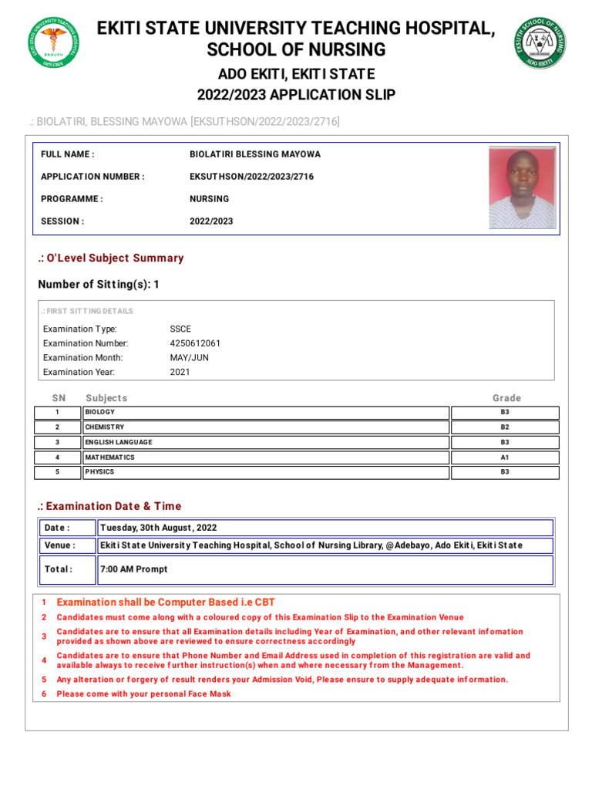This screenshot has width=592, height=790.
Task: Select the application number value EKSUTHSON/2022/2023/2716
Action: pyautogui.click(x=251, y=177)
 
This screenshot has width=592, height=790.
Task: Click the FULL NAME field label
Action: pyautogui.click(x=68, y=154)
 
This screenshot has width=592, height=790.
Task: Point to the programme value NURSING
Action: pyautogui.click(x=209, y=199)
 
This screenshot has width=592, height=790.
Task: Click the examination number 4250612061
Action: pyautogui.click(x=195, y=343)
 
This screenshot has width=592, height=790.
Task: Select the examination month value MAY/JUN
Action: pyautogui.click(x=189, y=358)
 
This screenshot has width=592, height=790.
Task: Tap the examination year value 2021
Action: pyautogui.click(x=180, y=372)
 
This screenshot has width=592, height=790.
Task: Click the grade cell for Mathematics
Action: pyautogui.click(x=505, y=457)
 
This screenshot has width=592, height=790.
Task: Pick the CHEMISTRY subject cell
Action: pyautogui.click(x=265, y=427)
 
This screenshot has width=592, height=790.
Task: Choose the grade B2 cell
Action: pyautogui.click(x=505, y=427)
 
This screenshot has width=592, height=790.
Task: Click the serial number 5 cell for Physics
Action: pyautogui.click(x=57, y=472)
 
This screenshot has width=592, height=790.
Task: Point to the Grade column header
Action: pyautogui.click(x=506, y=398)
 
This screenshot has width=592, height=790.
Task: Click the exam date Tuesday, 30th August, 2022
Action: pyautogui.click(x=158, y=528)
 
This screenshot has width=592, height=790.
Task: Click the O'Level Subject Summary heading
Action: pyautogui.click(x=111, y=258)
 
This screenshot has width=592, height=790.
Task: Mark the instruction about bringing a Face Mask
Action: pyautogui.click(x=143, y=694)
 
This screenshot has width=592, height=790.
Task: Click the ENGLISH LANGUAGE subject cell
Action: pyautogui.click(x=265, y=442)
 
